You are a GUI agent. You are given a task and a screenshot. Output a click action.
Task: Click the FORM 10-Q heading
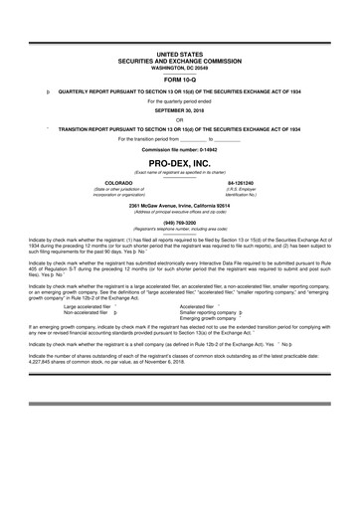180,80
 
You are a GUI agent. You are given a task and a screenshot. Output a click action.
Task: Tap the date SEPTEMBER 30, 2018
180,110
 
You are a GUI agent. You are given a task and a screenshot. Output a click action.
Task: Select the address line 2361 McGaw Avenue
180,205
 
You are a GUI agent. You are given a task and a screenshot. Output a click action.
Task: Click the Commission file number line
180,148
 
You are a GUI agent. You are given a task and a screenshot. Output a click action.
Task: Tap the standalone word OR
180,119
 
